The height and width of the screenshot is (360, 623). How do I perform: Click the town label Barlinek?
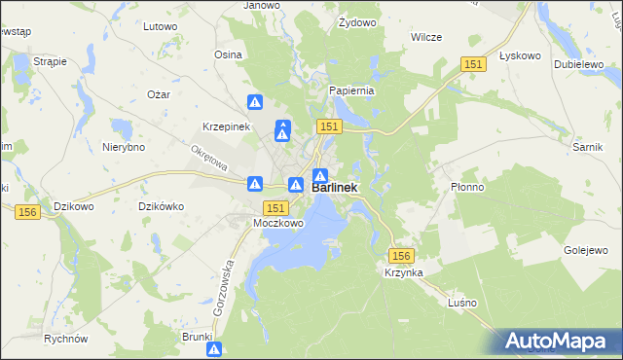[335, 188]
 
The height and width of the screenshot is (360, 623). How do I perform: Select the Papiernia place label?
[351, 90]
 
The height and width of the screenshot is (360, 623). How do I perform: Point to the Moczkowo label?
[278, 223]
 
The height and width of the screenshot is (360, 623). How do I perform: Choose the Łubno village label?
[461, 302]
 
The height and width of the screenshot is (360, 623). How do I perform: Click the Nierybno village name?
[124, 147]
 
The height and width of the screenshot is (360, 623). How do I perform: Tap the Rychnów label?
[66, 339]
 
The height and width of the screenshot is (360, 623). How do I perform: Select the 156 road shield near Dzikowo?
[26, 211]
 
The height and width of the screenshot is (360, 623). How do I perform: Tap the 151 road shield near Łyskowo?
[473, 63]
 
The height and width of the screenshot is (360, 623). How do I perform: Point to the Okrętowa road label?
[209, 158]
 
